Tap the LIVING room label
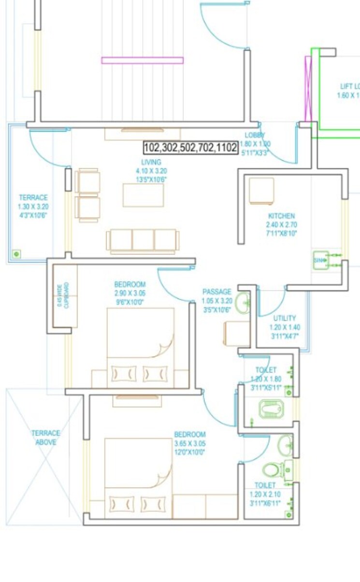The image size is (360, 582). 151,162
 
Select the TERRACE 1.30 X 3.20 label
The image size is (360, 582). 33,198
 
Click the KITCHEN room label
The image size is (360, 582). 281,216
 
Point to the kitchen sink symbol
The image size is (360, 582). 320,260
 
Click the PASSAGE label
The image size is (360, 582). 216,292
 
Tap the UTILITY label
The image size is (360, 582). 285,318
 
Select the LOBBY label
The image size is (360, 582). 255,135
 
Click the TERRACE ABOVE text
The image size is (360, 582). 46,438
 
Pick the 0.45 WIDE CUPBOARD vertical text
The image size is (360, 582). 59,295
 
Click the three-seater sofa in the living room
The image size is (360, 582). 143,240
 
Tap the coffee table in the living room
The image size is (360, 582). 143,195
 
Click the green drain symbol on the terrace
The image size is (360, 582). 16,254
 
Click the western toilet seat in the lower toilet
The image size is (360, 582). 272,469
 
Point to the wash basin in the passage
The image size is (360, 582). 244,304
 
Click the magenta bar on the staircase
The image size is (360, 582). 142,60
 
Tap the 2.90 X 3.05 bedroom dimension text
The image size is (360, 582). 130,293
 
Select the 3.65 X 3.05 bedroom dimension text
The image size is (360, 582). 189,443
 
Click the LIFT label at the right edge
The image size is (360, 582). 349,86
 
